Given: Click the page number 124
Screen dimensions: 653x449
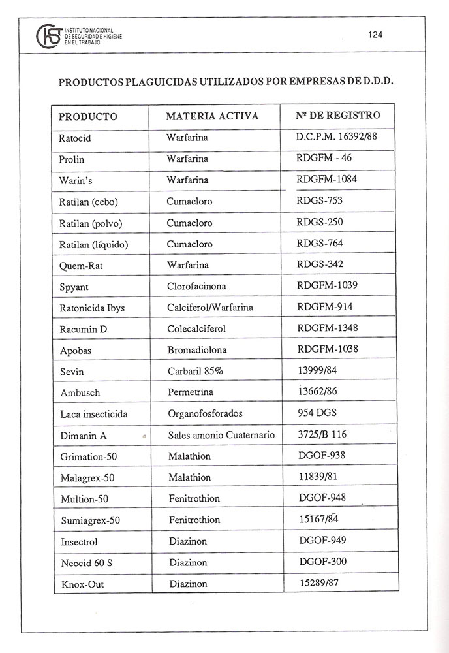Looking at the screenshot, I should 375,35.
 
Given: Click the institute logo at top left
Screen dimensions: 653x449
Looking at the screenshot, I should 50,37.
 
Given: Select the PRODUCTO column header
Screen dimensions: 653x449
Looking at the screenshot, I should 88,117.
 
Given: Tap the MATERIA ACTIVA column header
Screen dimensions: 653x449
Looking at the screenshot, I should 212,116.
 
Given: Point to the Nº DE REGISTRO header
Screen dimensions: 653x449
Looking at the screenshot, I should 337,116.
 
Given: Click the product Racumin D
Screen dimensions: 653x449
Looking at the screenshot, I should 83,329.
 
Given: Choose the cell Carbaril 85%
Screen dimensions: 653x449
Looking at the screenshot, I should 194,371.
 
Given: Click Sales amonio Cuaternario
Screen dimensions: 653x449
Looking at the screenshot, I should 221,435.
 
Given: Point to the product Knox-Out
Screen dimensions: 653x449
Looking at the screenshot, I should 82,584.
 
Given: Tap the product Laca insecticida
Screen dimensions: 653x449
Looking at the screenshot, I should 93,414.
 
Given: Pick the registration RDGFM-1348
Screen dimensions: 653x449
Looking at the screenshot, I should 327,327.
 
